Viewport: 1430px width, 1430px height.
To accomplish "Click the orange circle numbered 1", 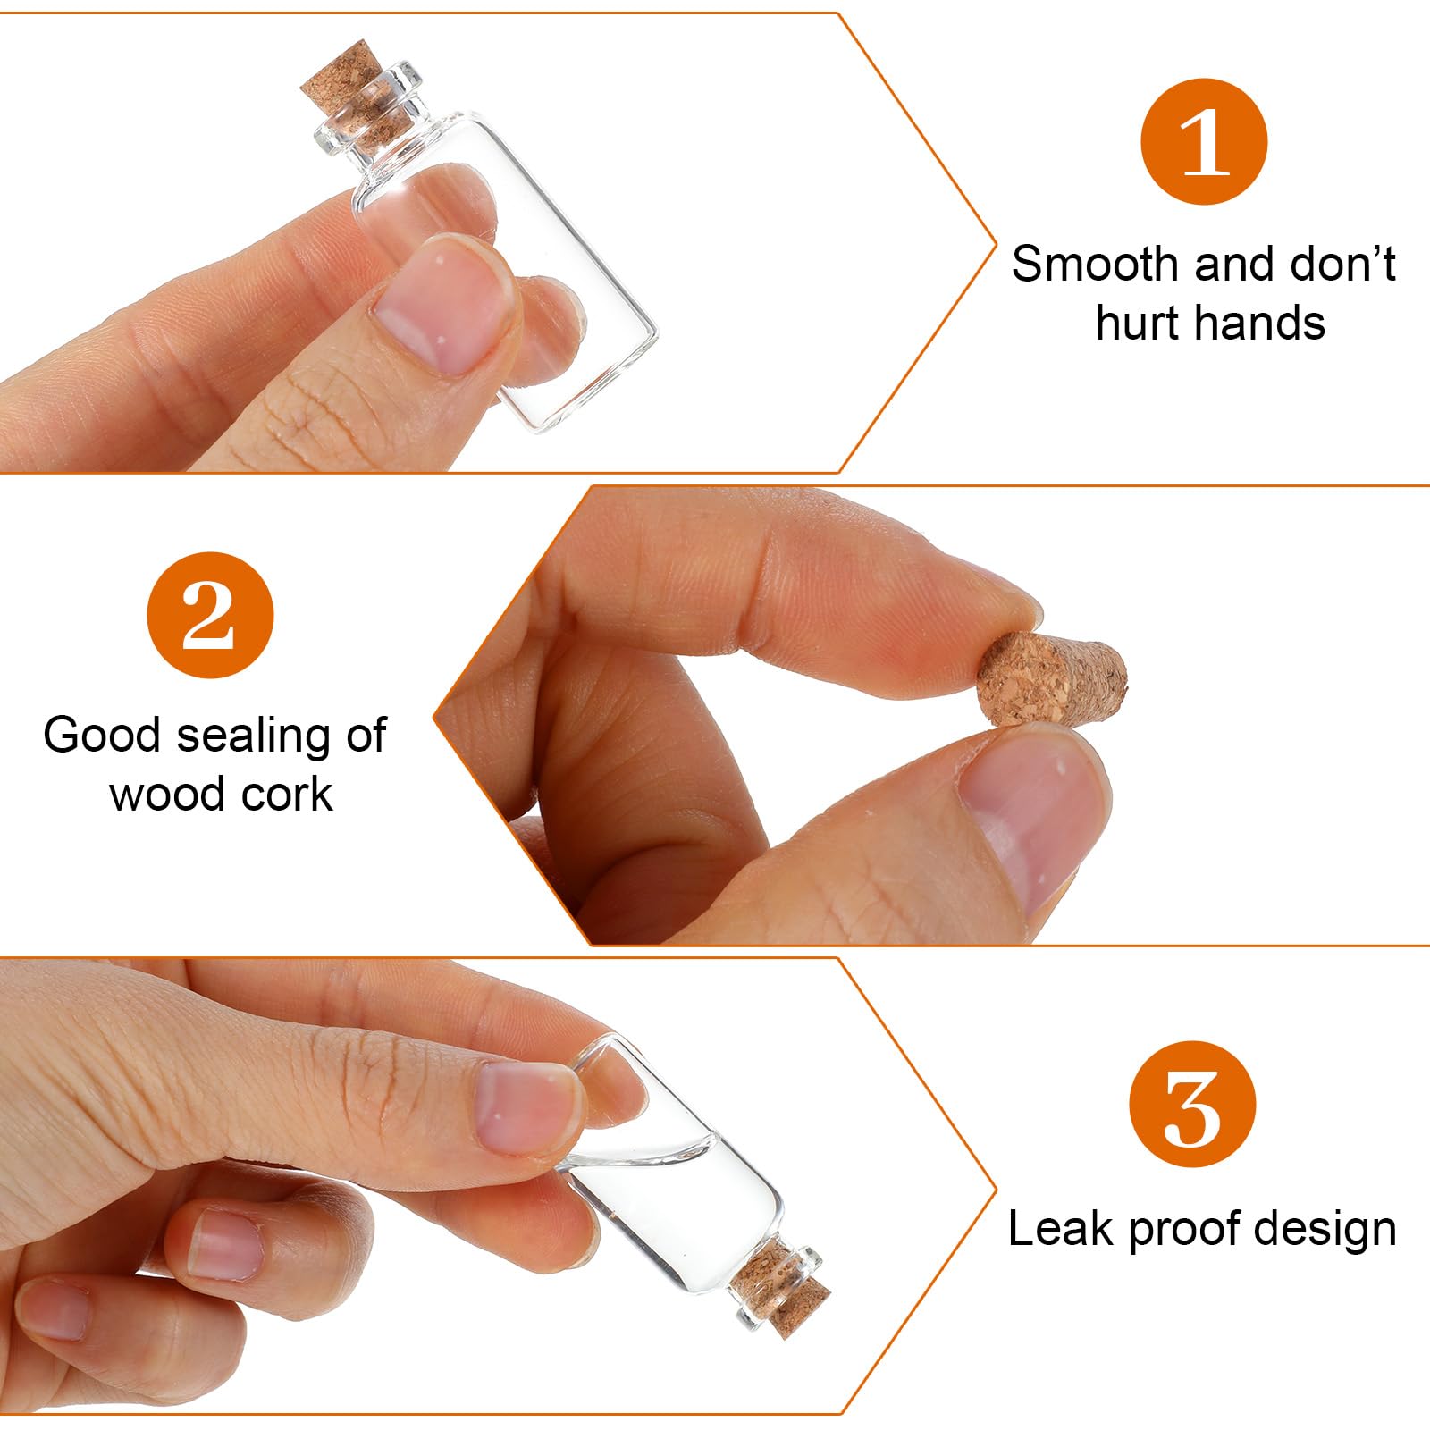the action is coord(1204,141).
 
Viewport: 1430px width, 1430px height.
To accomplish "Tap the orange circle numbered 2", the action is coord(210,615).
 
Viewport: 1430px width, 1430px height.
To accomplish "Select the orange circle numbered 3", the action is coord(1192,1104).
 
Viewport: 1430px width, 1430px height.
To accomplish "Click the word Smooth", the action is coord(1095,265).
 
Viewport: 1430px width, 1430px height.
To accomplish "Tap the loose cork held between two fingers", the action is coord(1051,677).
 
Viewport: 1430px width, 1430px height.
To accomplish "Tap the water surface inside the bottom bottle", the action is coord(643,1153).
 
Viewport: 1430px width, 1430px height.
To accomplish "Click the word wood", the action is coord(165,795).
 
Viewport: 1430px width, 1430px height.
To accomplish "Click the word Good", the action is coord(102,736).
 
